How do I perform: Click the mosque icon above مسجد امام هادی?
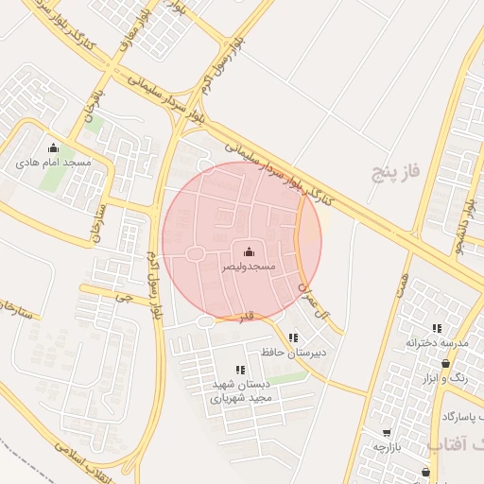coord(53,147)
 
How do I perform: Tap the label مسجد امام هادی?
coord(53,163)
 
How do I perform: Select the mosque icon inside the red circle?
coord(249,252)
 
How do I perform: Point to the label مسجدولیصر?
coord(248,268)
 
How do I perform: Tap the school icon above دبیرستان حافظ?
coord(293,337)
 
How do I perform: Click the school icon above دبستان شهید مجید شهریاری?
coord(239,370)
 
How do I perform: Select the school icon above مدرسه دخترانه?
coord(436,328)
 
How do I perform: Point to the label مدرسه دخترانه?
coord(438,343)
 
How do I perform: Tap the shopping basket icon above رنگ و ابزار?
coord(445,363)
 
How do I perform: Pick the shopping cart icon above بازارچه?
coord(387,432)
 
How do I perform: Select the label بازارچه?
coord(388,446)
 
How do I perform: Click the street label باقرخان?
coord(91,116)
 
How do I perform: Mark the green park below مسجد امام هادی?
coord(52,180)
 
